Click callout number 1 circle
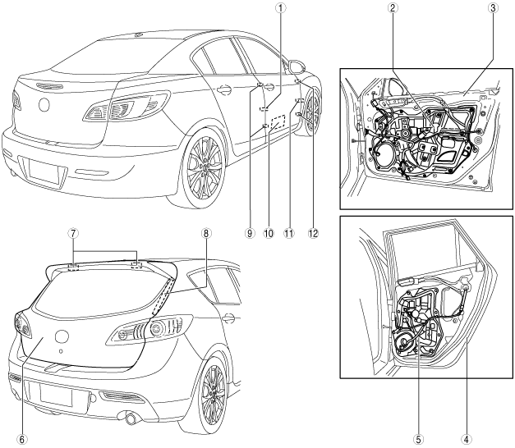(280, 8)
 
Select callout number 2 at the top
(392, 8)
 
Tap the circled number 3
(493, 8)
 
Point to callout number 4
(467, 439)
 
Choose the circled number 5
(419, 439)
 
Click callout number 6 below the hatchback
(21, 439)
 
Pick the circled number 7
(73, 233)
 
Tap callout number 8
(206, 233)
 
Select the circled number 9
(250, 233)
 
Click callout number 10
(269, 233)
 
